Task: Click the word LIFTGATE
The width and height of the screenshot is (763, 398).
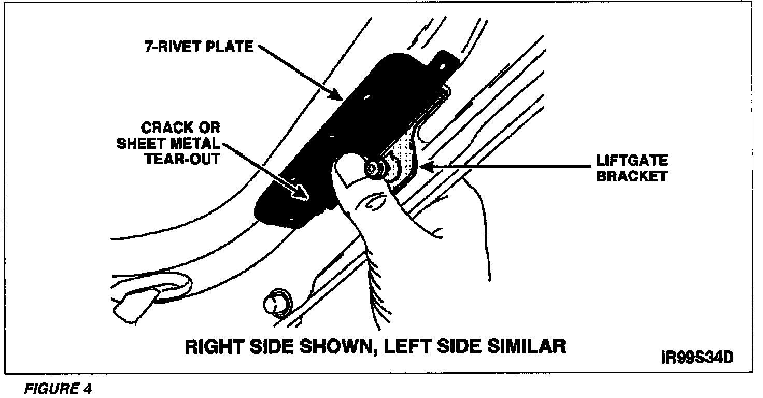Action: pos(632,161)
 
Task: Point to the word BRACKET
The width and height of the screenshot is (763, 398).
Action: pos(632,176)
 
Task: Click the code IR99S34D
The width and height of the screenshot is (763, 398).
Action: pos(698,358)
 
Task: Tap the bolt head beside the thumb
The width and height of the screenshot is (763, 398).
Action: pos(374,169)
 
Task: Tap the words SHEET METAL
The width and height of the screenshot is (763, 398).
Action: pos(166,143)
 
